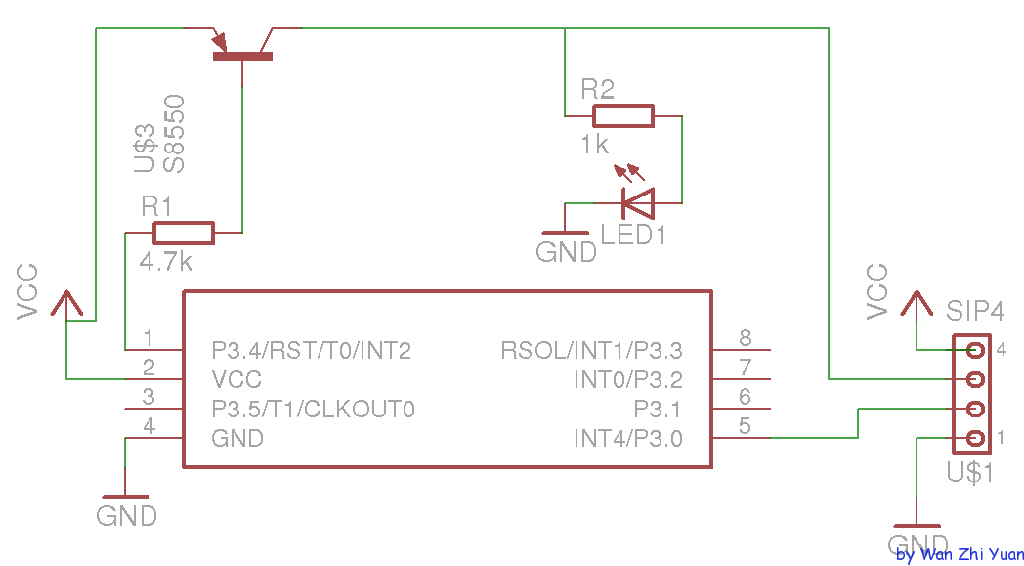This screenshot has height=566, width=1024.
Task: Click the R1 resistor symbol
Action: (183, 233)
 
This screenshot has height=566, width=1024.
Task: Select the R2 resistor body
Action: (622, 116)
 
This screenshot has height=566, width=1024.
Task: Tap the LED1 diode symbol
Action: (638, 203)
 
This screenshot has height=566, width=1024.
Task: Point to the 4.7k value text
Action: (166, 262)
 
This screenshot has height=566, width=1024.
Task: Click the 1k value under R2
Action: (594, 145)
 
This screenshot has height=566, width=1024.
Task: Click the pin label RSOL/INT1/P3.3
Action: (591, 350)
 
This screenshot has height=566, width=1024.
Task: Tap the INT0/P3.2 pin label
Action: (628, 379)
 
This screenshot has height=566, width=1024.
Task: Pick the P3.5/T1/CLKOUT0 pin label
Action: (314, 409)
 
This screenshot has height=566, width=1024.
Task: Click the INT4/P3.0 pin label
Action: (628, 438)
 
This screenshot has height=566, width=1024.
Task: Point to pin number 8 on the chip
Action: (745, 339)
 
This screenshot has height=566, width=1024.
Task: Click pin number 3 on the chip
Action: (149, 398)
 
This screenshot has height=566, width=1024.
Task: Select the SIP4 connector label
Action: (974, 312)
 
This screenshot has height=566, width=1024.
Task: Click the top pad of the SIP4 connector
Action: (974, 349)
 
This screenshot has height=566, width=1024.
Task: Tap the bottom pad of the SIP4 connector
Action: (974, 438)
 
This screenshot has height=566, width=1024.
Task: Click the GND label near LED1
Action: (567, 252)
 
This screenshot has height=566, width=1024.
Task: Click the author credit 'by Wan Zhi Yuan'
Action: (960, 554)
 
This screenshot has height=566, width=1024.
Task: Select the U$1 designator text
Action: (970, 473)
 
